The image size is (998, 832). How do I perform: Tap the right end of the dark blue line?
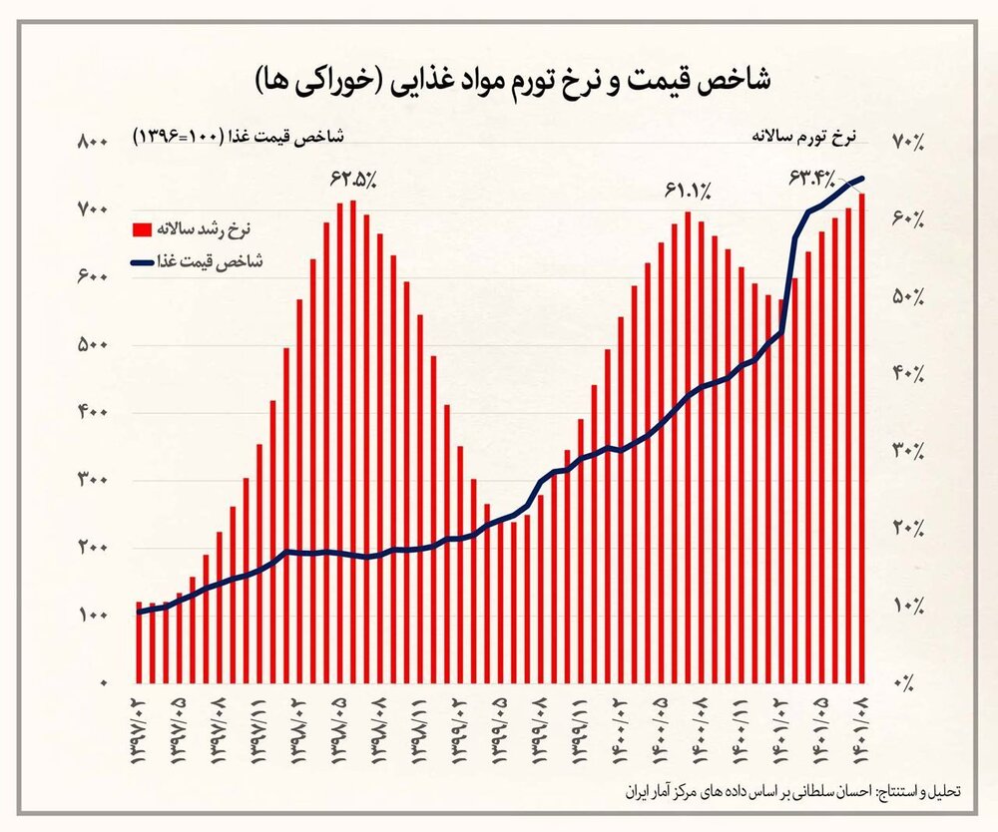tap(861, 180)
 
